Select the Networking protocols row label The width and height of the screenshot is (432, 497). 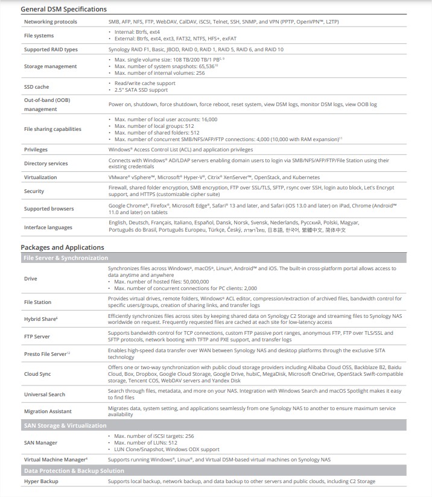coord(51,22)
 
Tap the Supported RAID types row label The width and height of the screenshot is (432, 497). coord(51,49)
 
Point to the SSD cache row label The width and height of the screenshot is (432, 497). coord(37,87)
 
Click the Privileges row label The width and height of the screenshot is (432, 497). coord(36,150)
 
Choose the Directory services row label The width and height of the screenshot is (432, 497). coord(46,163)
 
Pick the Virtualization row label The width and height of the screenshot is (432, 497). coord(40,177)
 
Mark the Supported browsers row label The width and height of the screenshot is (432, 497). coord(49,209)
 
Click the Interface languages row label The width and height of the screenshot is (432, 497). coord(48,227)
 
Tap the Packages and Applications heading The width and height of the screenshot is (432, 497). coord(62,247)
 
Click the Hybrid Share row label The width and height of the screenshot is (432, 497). coord(40,318)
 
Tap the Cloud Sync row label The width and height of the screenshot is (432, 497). coord(37,374)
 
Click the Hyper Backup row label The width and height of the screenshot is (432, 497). coord(41,481)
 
